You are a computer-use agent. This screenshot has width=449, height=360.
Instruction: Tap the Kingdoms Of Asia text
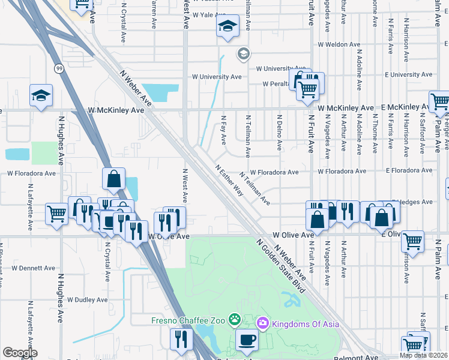click(305, 324)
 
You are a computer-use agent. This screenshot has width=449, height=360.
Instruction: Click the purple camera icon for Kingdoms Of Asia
click(262, 324)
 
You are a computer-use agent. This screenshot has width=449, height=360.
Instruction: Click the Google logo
click(20, 353)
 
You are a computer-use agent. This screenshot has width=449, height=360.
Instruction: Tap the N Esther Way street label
click(229, 182)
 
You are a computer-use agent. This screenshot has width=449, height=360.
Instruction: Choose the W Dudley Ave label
click(87, 299)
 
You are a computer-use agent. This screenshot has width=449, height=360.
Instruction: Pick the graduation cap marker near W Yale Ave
click(228, 26)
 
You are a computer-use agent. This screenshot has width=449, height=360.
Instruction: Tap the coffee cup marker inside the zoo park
click(246, 341)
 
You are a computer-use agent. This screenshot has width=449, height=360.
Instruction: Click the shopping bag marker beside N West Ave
click(113, 179)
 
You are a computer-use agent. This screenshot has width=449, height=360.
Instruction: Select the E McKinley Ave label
click(404, 107)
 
